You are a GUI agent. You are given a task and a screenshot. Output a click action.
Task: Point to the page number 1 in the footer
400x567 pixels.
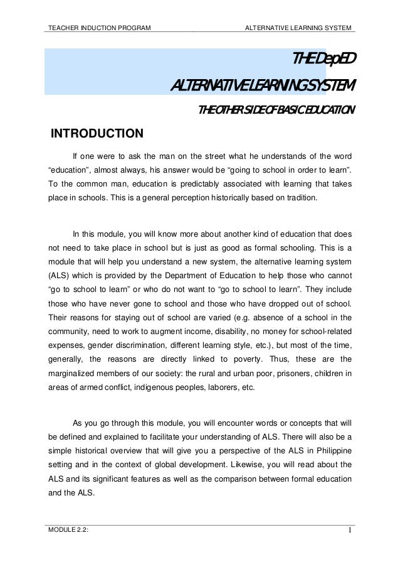349,534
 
